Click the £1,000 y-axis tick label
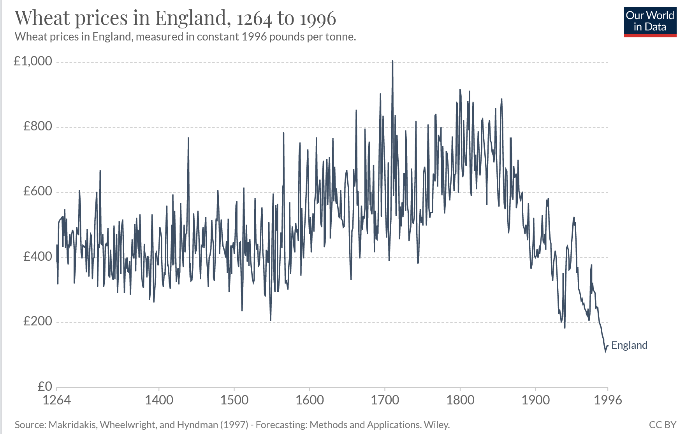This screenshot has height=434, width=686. (x=33, y=61)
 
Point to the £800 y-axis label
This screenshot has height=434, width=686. (x=37, y=126)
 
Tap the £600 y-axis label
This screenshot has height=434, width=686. (x=37, y=191)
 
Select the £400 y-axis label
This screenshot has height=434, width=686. (x=37, y=257)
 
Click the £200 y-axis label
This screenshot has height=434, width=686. (x=37, y=321)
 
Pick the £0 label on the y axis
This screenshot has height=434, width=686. (x=45, y=386)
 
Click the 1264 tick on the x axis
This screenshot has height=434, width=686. (x=57, y=400)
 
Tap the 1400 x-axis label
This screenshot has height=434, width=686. (x=159, y=400)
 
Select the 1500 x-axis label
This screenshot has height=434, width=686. (x=234, y=400)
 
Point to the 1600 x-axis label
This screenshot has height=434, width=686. (x=310, y=400)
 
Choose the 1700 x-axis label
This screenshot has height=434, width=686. (x=385, y=400)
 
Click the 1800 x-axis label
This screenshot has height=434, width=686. (x=460, y=400)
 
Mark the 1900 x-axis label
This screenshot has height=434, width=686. (x=535, y=400)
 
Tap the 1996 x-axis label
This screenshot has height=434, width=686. (x=608, y=400)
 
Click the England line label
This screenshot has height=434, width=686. (x=629, y=345)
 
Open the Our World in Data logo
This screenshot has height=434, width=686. (x=650, y=22)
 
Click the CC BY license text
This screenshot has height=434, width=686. (x=662, y=425)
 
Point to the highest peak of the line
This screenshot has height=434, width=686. (x=392, y=61)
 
